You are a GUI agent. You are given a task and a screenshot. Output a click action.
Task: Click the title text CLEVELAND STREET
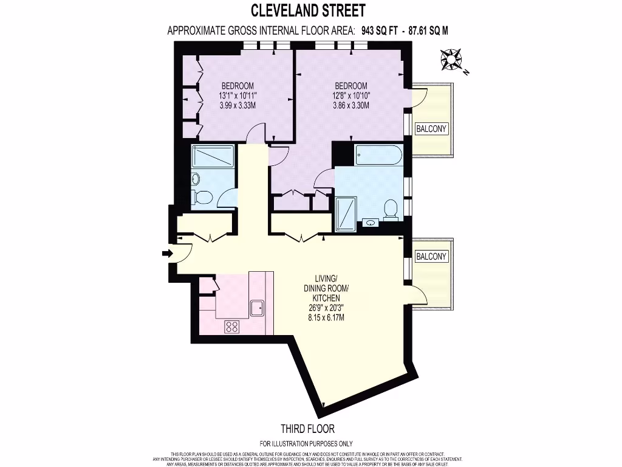tap(309, 10)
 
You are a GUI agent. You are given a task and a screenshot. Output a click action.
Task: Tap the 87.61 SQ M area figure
tap(429, 30)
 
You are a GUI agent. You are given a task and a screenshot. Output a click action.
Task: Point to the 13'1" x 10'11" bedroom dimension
tap(238, 95)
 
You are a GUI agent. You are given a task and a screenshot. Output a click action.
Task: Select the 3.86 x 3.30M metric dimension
tap(350, 105)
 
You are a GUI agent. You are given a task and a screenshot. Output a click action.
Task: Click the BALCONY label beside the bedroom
tap(431, 128)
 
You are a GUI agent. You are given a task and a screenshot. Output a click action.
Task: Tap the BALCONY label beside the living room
tap(431, 257)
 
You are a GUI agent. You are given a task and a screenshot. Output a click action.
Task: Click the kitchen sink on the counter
tap(258, 308)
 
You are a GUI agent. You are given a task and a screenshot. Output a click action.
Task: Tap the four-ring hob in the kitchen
tap(232, 327)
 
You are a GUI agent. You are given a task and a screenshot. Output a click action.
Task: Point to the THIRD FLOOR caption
tap(307, 429)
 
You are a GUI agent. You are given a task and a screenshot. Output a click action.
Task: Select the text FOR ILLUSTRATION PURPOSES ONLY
tap(306, 444)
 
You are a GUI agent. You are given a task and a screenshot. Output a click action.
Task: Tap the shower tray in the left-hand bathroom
tap(208, 157)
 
